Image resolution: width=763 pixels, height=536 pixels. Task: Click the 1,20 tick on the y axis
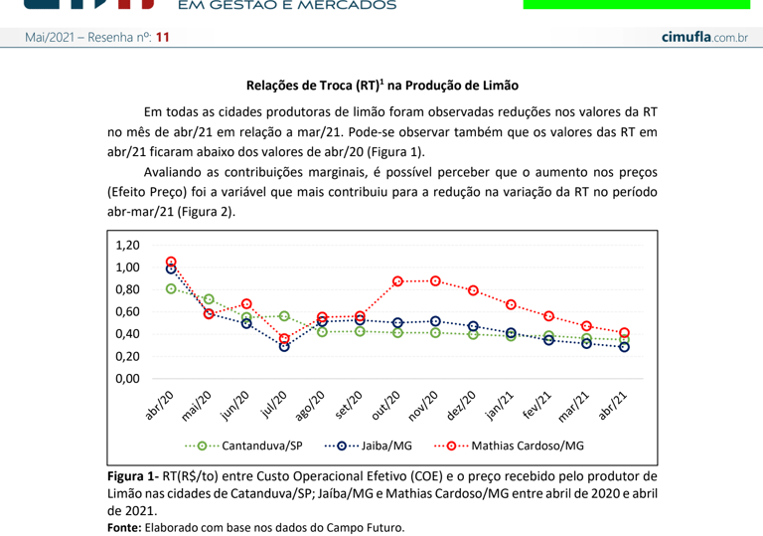click(128, 246)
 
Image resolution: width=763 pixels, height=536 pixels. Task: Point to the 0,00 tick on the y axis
click(128, 379)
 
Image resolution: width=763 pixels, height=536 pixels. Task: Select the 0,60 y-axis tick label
click(128, 312)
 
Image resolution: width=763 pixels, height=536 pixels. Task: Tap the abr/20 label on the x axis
click(159, 406)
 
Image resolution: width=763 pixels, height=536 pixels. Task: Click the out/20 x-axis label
click(385, 406)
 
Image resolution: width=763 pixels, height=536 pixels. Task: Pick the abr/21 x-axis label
click(612, 406)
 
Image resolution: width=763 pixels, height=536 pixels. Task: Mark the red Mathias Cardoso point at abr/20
click(171, 263)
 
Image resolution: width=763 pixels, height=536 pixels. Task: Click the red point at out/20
click(397, 281)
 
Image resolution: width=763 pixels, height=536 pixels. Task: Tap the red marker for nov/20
click(435, 281)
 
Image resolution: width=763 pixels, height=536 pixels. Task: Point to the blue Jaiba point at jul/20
click(284, 346)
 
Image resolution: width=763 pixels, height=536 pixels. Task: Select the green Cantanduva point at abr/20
click(171, 288)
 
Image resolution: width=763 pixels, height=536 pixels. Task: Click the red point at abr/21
click(624, 333)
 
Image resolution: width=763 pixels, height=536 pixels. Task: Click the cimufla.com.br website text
click(704, 37)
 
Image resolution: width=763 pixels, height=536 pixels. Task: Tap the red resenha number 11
click(163, 37)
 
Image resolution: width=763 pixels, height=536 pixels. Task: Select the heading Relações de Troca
click(382, 87)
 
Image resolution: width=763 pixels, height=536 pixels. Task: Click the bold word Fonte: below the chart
click(124, 527)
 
